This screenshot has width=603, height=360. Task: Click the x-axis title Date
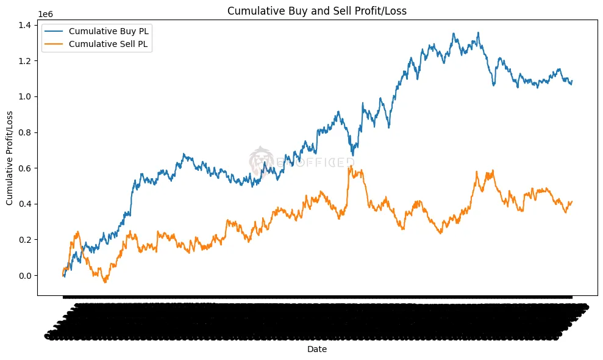coord(316,348)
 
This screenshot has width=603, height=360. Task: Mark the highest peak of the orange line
coord(349,166)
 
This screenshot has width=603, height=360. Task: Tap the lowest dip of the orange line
coord(105,283)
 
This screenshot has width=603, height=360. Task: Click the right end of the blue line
coord(572,81)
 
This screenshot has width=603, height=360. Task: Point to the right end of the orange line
coord(572,201)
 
